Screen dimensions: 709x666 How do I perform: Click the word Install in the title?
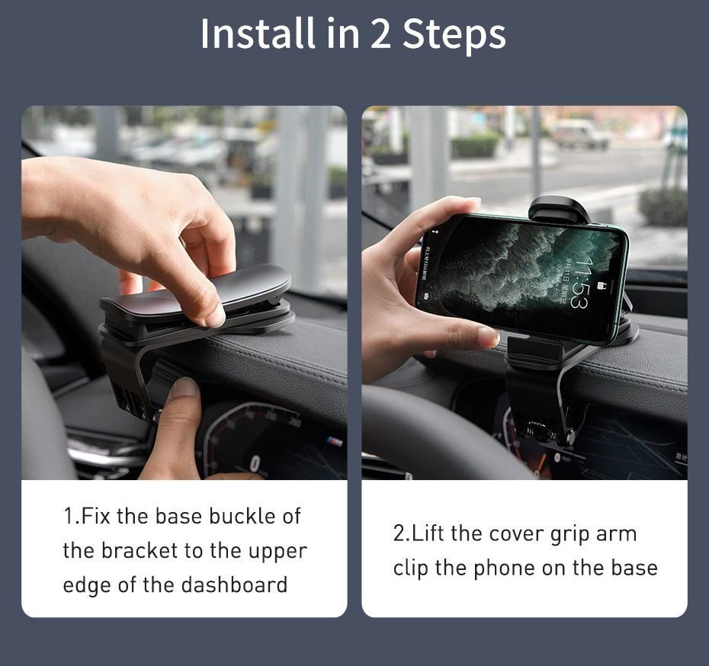pos(257,34)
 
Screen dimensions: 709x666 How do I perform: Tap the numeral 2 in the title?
pos(380,34)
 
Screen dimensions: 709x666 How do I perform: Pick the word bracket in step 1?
pos(140,551)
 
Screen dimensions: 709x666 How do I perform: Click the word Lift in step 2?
pos(429,533)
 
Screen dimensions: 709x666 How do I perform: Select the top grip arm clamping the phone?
pos(560,210)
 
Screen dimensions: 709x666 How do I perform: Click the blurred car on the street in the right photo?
pos(579,134)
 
